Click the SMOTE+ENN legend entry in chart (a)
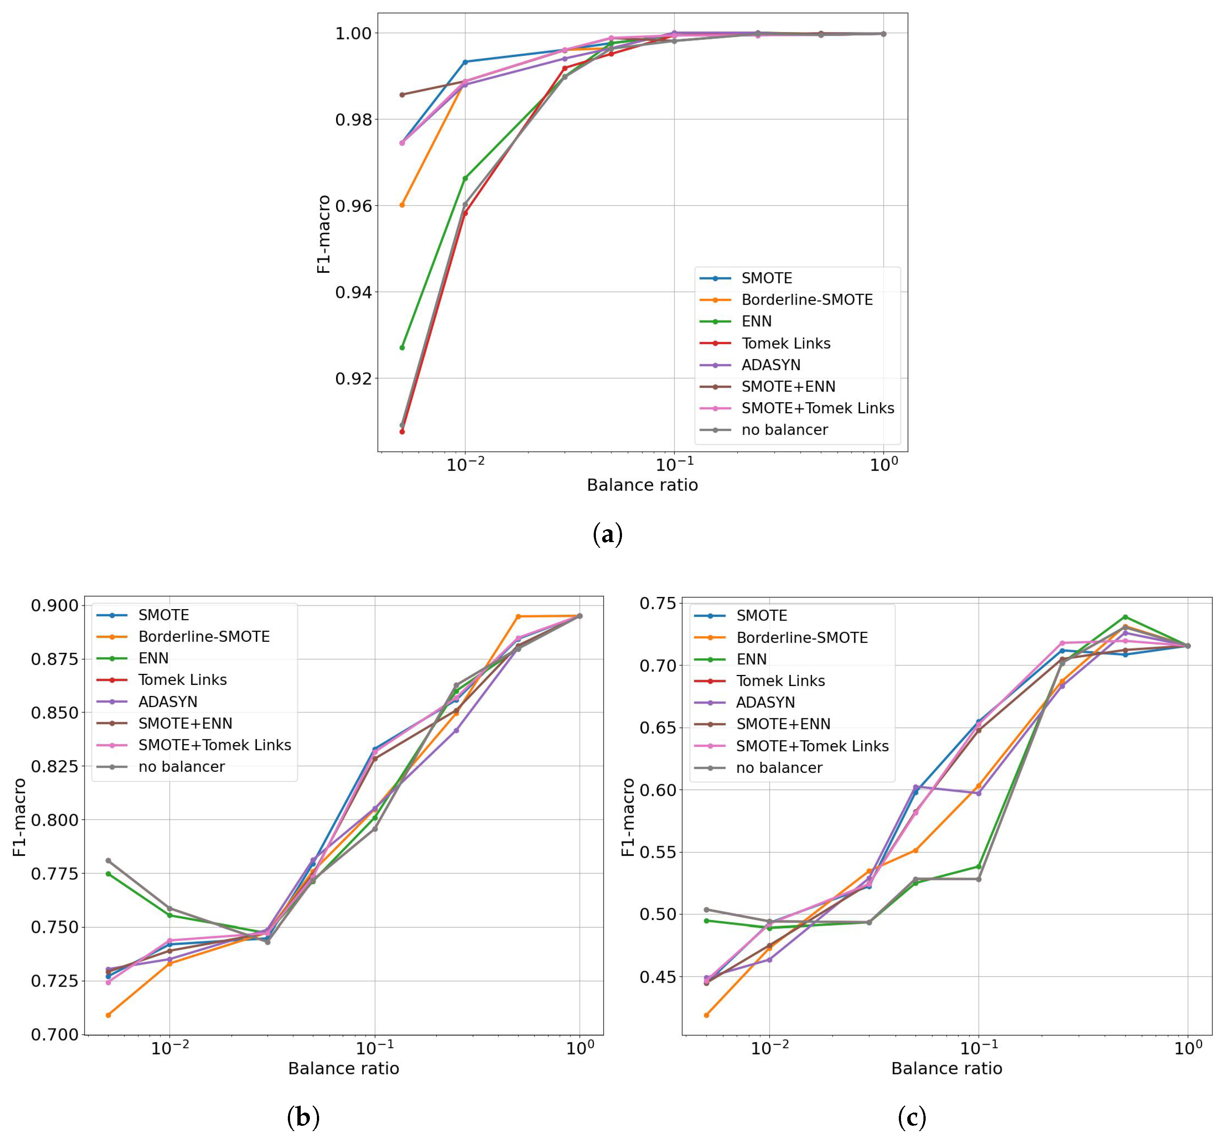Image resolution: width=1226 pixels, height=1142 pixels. tap(788, 387)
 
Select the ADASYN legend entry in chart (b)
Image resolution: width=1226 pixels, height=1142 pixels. tap(168, 702)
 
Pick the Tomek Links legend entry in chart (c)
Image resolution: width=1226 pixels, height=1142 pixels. tap(780, 681)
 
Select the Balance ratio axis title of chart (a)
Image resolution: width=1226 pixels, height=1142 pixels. tap(642, 485)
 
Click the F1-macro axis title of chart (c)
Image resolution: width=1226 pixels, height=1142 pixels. tap(628, 817)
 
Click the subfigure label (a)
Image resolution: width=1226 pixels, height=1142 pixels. tap(607, 534)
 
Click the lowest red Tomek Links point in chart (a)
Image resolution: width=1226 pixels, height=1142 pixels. tap(402, 432)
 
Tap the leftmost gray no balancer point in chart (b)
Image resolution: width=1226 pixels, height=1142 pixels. tap(109, 860)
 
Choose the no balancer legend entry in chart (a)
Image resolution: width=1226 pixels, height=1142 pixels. tap(784, 430)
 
